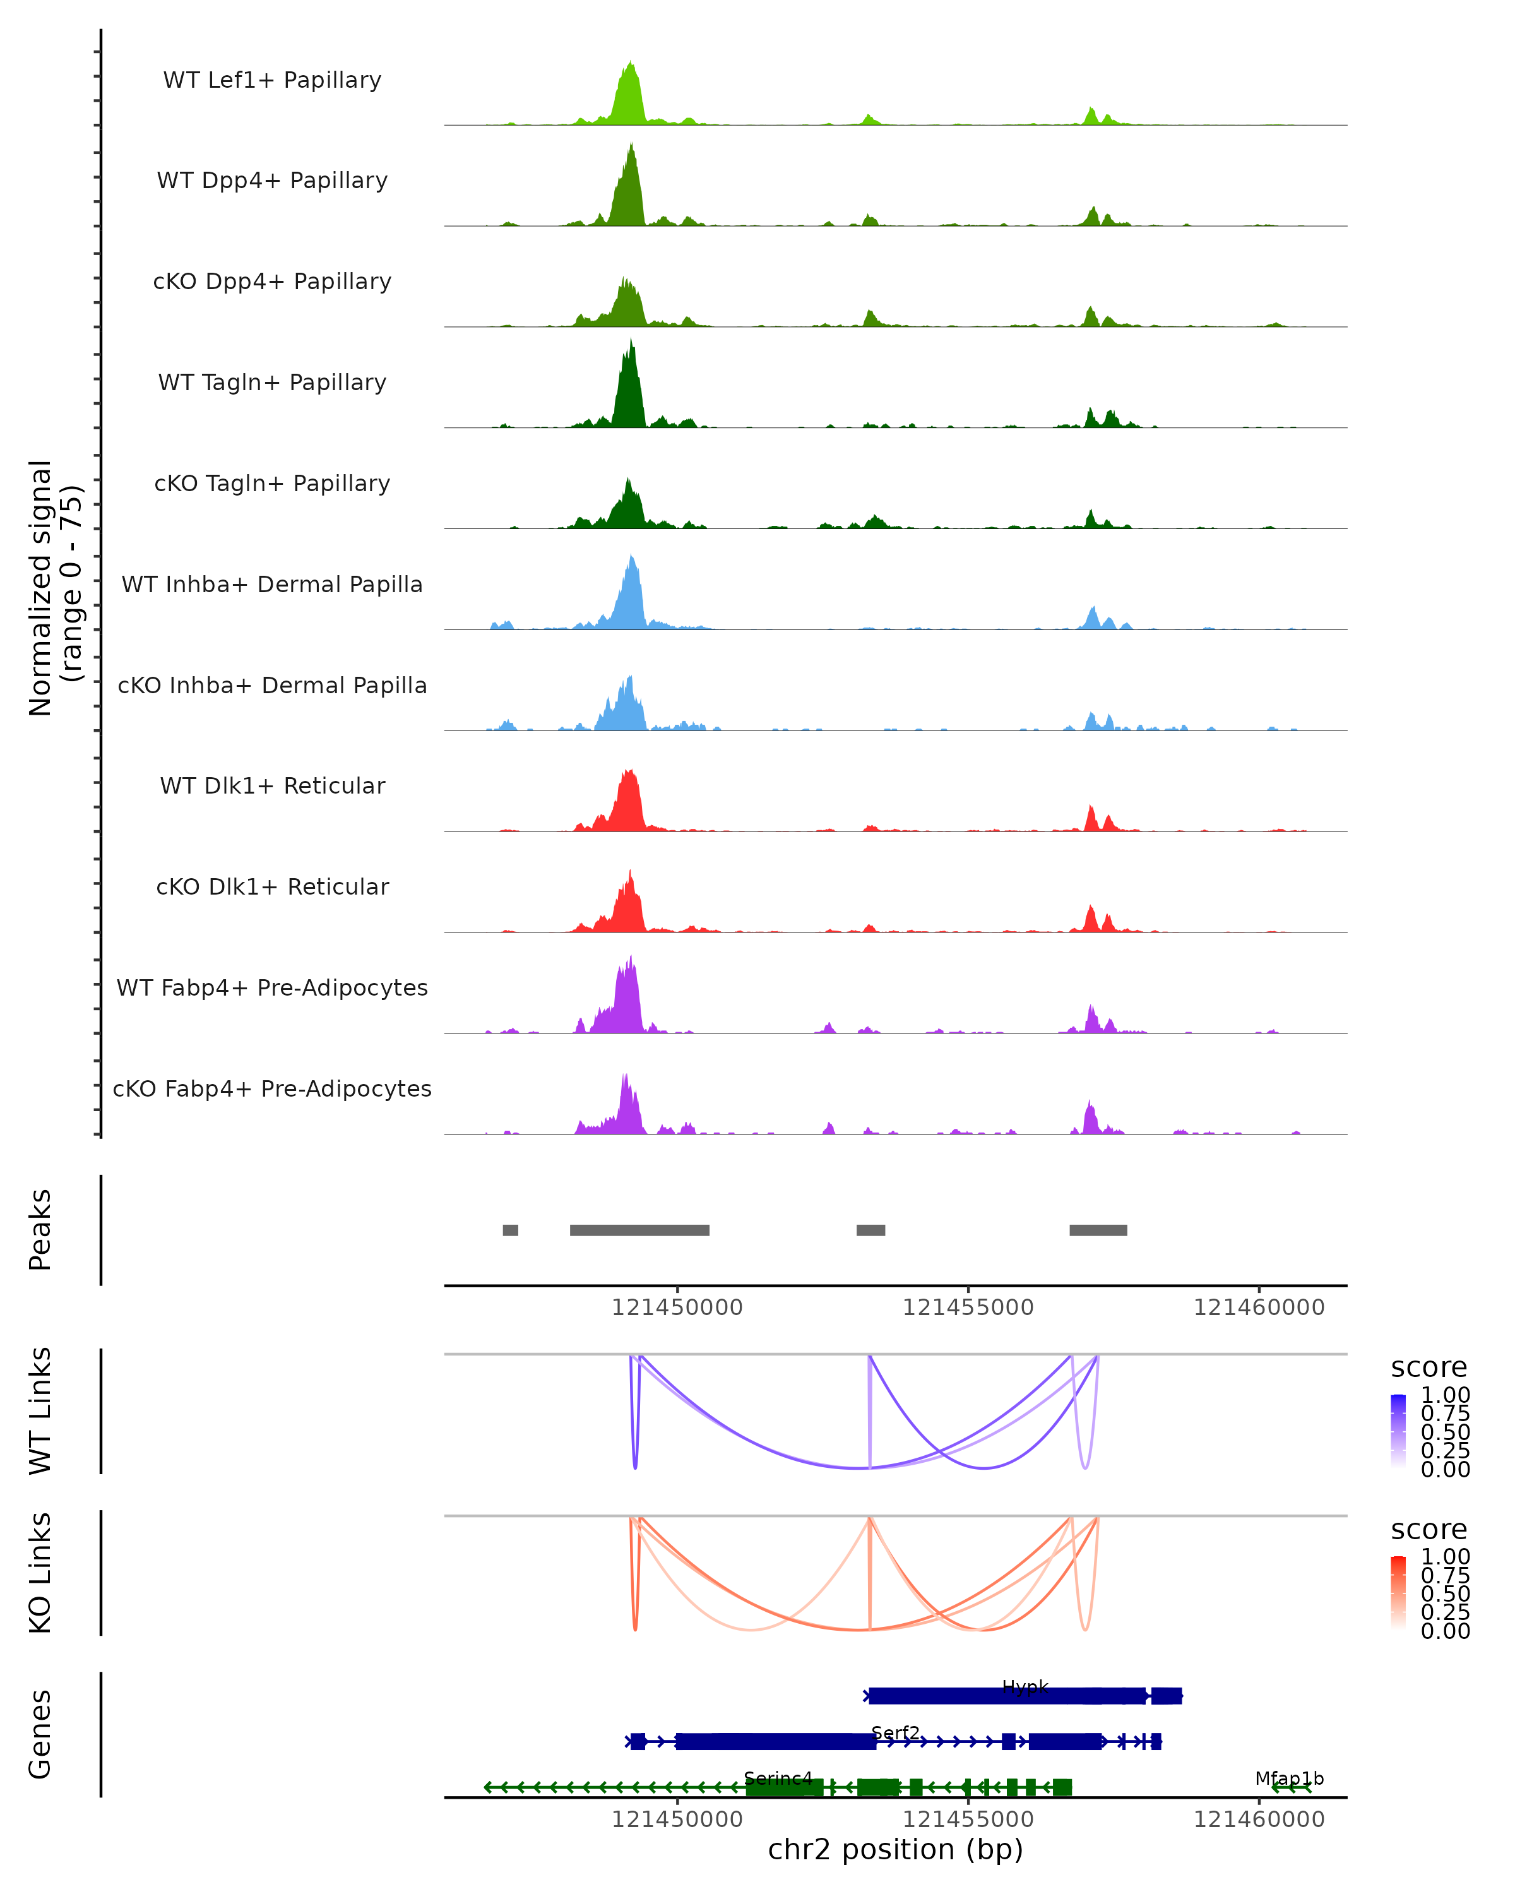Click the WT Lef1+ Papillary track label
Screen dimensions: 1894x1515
[x=272, y=80]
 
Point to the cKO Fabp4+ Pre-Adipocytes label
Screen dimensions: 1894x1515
[x=272, y=1088]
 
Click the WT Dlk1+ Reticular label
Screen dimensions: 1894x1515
[x=272, y=785]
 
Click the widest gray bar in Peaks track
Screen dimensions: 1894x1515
[x=639, y=1230]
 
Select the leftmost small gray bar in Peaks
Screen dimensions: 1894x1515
[x=510, y=1230]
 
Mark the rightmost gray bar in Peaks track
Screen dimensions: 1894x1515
[x=1098, y=1230]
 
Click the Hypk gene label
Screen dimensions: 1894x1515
[x=1025, y=1687]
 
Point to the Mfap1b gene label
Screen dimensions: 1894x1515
[x=1288, y=1778]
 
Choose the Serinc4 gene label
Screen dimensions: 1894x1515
[x=778, y=1778]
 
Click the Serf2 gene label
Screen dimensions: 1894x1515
[x=896, y=1732]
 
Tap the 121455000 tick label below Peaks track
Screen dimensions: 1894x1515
[x=968, y=1307]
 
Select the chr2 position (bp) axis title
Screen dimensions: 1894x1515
[x=895, y=1850]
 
